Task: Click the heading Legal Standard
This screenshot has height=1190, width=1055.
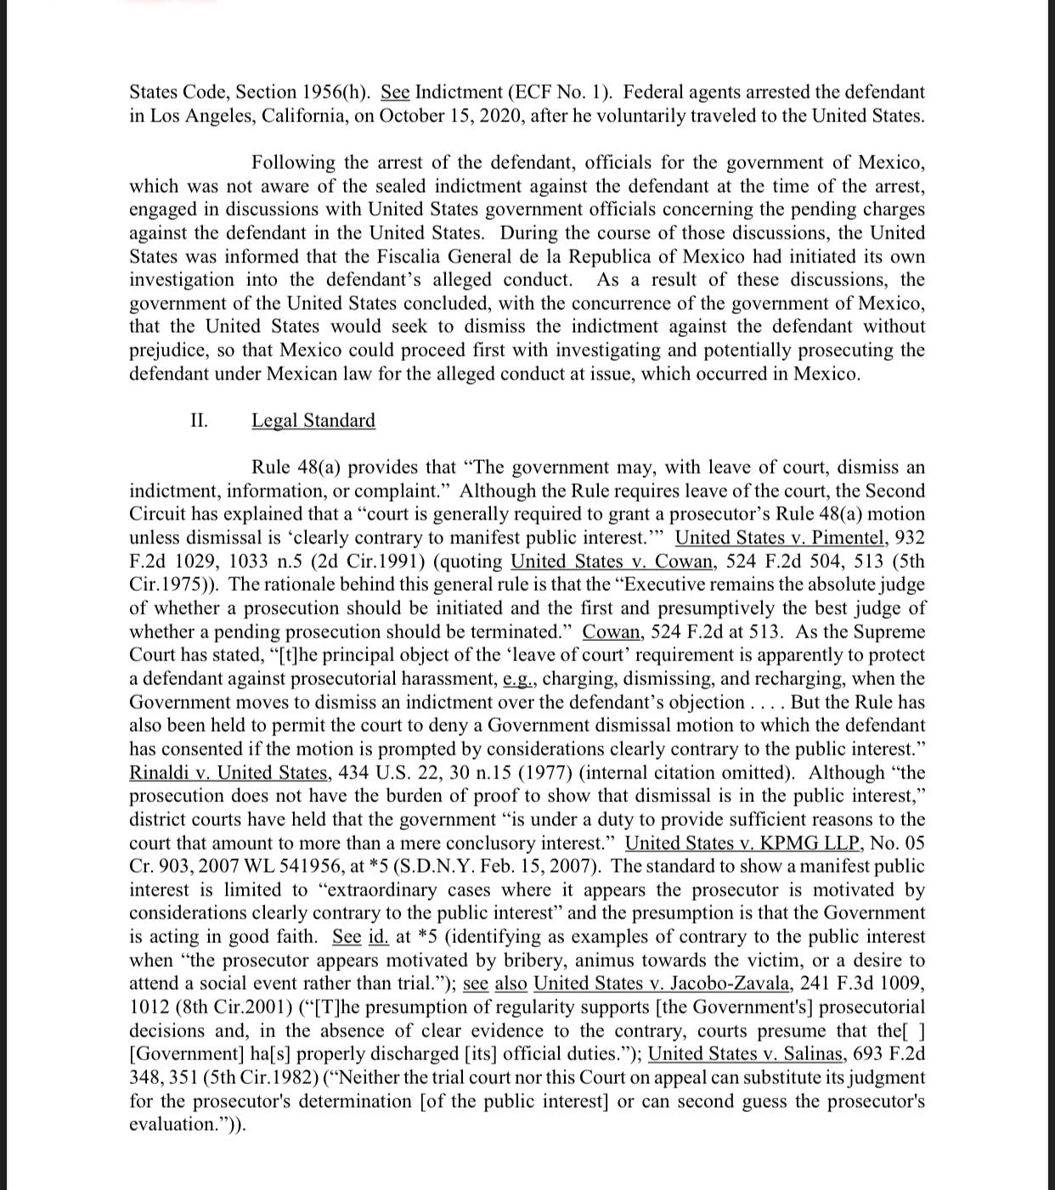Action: tap(313, 421)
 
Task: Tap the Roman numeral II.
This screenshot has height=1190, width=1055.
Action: tap(199, 421)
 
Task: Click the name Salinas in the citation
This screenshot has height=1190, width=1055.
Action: tap(810, 1054)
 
